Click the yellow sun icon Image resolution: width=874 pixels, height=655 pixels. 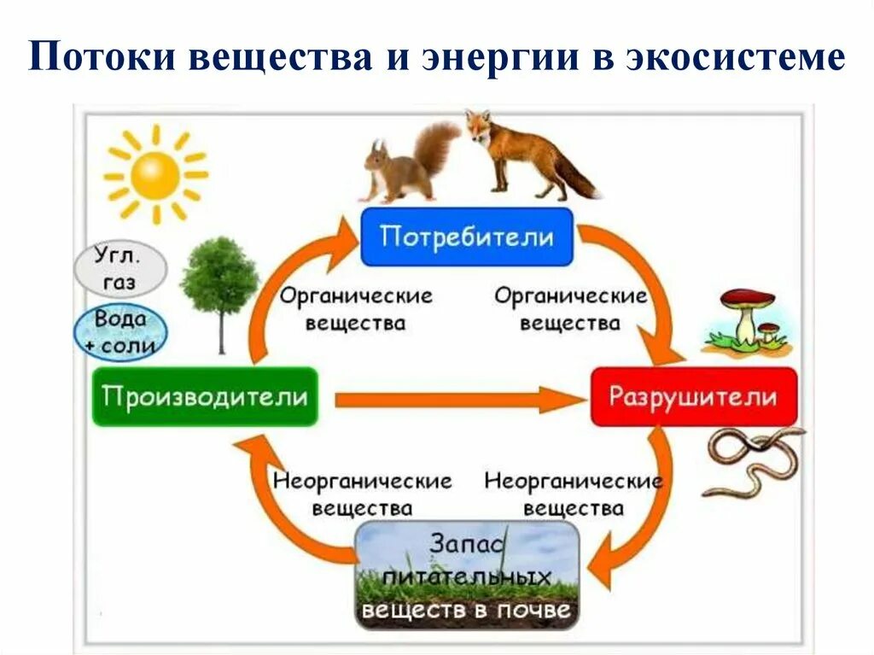pyautogui.click(x=154, y=175)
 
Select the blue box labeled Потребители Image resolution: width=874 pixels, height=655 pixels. pyautogui.click(x=466, y=237)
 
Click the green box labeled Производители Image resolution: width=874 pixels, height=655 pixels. pyautogui.click(x=205, y=397)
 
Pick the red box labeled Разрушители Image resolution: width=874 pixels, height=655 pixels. pyautogui.click(x=693, y=397)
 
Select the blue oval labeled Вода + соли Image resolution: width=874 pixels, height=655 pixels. pyautogui.click(x=120, y=332)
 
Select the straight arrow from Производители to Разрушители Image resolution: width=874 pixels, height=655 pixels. pyautogui.click(x=452, y=399)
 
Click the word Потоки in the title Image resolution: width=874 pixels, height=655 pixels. pyautogui.click(x=102, y=59)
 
